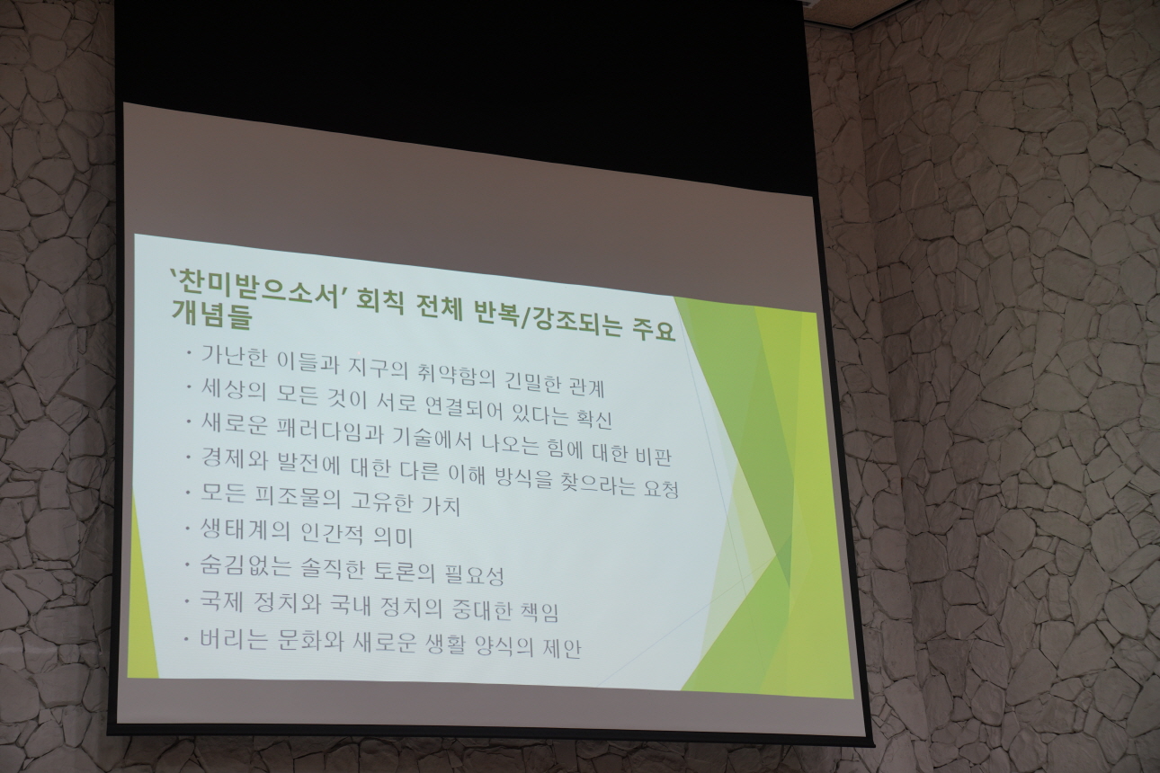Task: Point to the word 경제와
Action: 233,458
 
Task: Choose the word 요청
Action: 661,488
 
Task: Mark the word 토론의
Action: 402,570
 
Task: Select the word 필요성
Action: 474,574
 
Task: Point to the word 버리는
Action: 234,640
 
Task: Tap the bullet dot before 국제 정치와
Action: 187,600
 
